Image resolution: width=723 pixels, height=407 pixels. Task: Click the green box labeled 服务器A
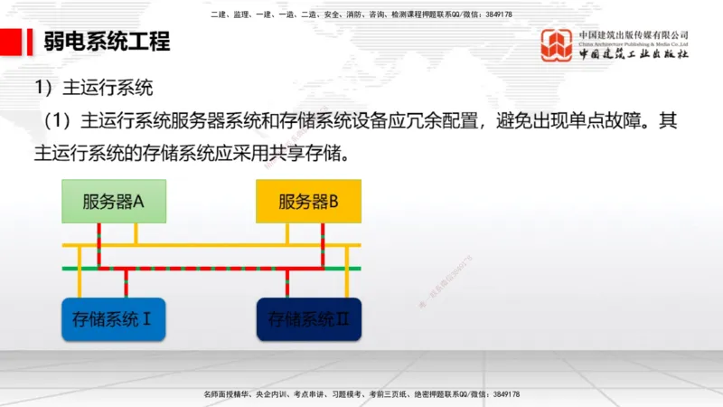coord(114,201)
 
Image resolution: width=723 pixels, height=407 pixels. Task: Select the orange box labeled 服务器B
coord(308,201)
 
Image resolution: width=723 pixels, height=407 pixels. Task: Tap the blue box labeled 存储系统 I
coord(114,318)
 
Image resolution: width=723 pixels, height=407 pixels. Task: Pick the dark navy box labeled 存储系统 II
coord(308,318)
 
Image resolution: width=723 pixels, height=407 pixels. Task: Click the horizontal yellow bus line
coord(217,245)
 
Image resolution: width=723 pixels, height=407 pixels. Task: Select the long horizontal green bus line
coord(217,269)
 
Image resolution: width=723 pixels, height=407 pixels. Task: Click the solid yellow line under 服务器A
coord(136,233)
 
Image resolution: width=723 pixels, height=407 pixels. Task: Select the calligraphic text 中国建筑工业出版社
coord(634,53)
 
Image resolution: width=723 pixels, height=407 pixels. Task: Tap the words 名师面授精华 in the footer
coord(227,395)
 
